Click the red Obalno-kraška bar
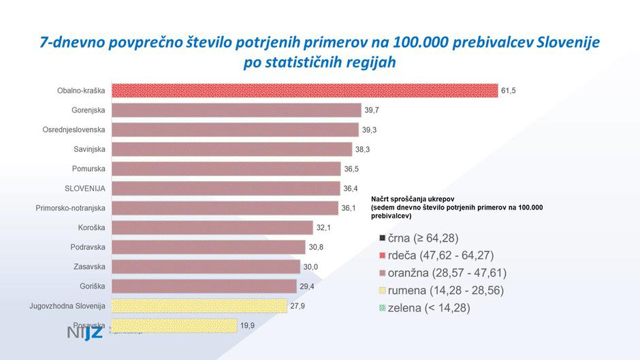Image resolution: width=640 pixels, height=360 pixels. tap(304, 91)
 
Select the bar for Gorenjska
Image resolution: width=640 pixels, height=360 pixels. tap(236, 110)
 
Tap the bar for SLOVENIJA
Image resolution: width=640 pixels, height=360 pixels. tap(225, 189)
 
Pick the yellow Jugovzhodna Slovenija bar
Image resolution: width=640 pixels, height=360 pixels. tap(199, 306)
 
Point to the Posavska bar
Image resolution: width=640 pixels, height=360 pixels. tap(174, 326)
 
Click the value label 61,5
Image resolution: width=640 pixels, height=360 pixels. tap(509, 91)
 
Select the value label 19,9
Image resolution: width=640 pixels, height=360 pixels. tap(247, 326)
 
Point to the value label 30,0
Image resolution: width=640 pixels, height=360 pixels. tap(310, 267)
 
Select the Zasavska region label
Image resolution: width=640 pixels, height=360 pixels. tap(89, 267)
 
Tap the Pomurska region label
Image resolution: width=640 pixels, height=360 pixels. tap(89, 169)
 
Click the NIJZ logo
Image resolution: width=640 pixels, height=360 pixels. tap(85, 333)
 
